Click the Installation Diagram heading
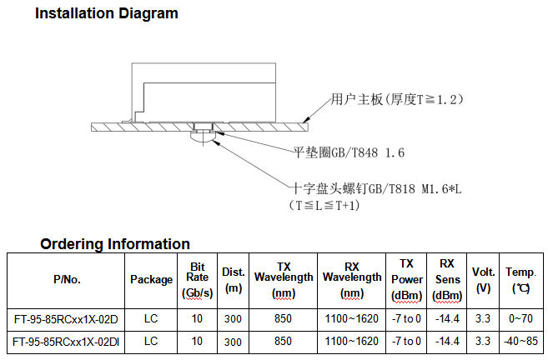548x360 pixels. click(106, 13)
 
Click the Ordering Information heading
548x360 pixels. click(115, 244)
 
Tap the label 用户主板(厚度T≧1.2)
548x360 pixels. click(396, 99)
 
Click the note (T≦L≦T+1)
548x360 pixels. click(325, 205)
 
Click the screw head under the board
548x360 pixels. click(204, 137)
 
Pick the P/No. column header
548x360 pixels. click(66, 280)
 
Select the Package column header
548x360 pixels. click(151, 280)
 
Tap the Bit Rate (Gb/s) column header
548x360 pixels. click(198, 279)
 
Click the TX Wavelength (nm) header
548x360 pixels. click(284, 279)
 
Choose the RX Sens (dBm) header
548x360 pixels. click(448, 279)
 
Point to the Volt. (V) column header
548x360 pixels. click(484, 279)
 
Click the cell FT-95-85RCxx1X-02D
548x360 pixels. click(66, 319)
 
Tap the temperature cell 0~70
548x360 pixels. click(521, 319)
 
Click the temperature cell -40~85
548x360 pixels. click(521, 342)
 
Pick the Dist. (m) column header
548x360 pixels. click(234, 279)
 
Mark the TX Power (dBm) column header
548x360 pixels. click(407, 279)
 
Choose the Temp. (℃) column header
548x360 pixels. click(521, 279)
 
